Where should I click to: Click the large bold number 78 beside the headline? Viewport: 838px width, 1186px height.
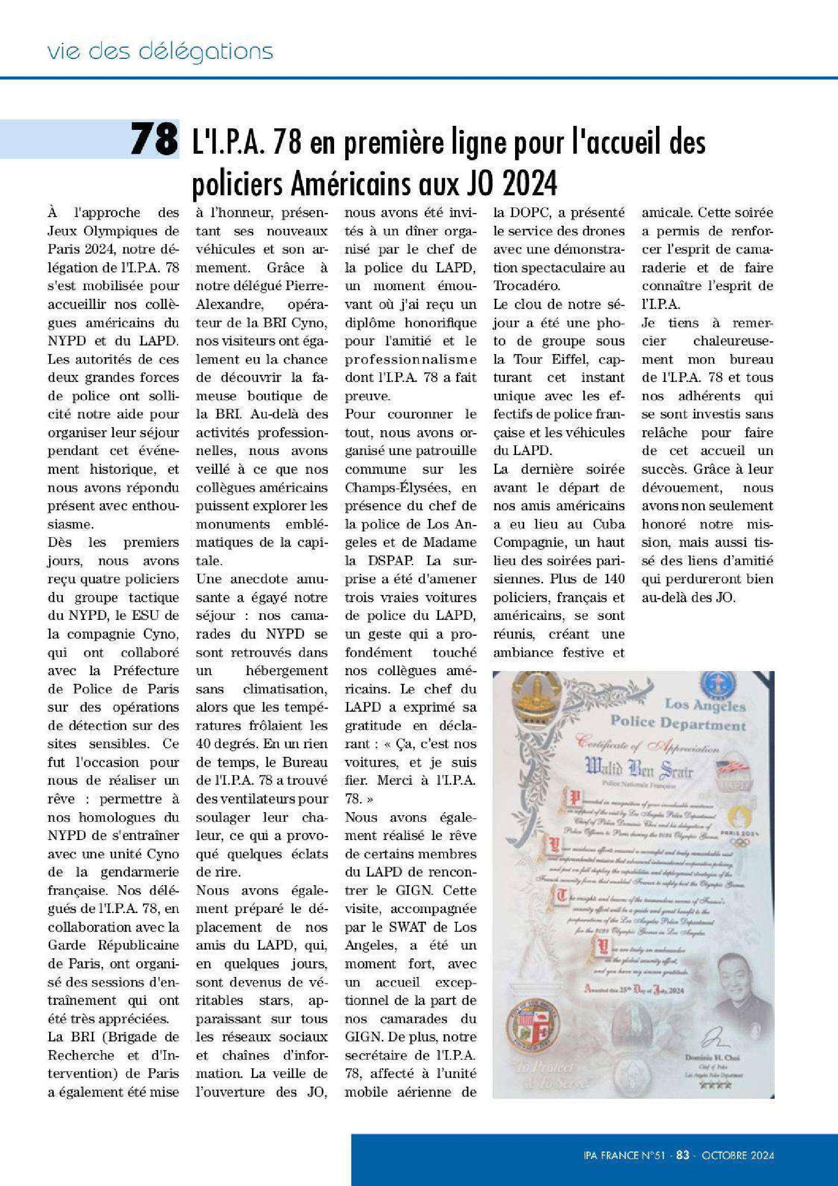[x=153, y=139]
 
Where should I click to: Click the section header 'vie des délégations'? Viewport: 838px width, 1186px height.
[x=160, y=52]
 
